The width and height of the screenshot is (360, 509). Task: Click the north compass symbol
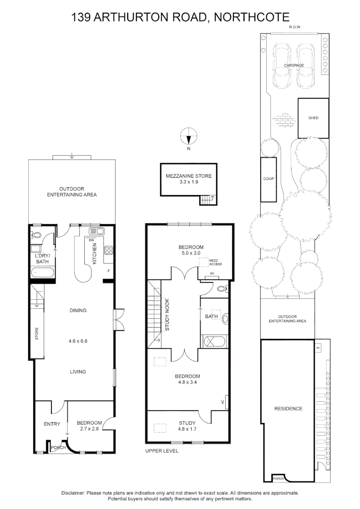click(188, 137)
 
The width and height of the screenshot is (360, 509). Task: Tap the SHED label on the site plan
click(313, 118)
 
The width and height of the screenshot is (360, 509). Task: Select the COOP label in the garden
click(269, 179)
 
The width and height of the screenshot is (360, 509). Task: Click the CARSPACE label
click(294, 66)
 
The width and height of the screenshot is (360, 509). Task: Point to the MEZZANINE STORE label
click(188, 176)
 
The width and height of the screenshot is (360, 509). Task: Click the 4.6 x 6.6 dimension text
click(78, 339)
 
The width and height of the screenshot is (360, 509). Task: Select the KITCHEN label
click(95, 253)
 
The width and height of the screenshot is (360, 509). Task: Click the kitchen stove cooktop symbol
click(108, 251)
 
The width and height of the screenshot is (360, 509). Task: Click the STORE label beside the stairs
click(36, 334)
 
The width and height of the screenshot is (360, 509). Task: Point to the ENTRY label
click(52, 424)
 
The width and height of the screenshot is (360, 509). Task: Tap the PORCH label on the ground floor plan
click(58, 447)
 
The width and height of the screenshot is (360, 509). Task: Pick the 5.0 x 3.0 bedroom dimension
click(191, 253)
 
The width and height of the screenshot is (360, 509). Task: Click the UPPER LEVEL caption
click(162, 451)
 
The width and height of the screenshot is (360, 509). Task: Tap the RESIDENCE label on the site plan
click(288, 409)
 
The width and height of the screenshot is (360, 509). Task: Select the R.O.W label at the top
click(295, 27)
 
